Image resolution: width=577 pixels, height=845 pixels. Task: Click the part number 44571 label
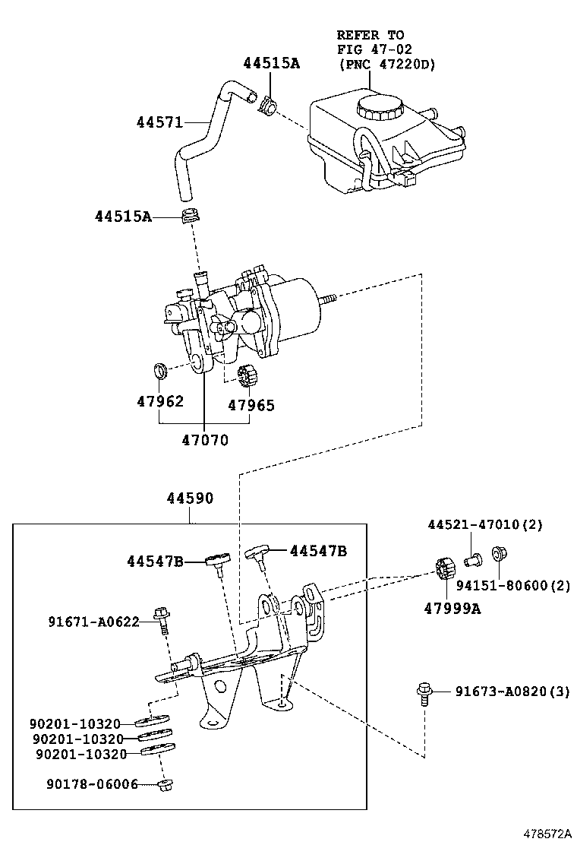click(160, 123)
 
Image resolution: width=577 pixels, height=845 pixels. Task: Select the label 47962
click(160, 401)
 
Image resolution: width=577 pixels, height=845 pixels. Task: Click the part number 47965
click(251, 405)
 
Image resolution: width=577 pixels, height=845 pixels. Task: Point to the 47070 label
click(205, 440)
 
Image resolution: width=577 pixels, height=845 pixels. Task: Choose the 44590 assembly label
click(190, 498)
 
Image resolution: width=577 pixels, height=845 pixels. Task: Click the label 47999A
click(452, 609)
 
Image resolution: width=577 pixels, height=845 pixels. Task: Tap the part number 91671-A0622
click(93, 622)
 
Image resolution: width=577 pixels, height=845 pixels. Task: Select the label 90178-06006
click(92, 785)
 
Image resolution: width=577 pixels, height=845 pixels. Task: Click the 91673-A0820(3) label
click(512, 691)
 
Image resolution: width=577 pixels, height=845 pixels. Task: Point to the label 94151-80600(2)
click(513, 585)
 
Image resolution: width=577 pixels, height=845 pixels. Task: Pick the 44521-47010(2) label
click(485, 524)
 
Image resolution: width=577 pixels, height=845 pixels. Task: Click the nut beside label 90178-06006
click(166, 785)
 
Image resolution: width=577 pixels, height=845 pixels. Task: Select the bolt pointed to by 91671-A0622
click(162, 620)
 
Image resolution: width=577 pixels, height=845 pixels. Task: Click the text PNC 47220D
click(387, 65)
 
